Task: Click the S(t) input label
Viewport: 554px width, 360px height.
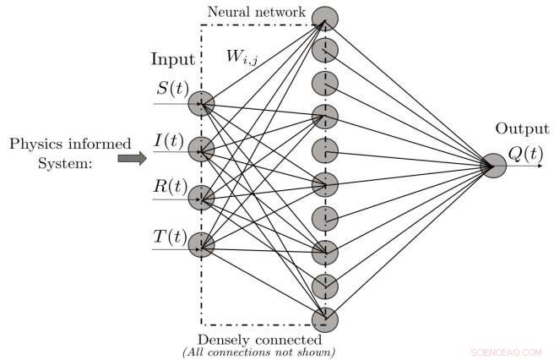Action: click(x=172, y=87)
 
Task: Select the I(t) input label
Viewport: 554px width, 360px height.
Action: click(x=171, y=136)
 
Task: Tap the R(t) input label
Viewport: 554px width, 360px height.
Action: click(x=172, y=183)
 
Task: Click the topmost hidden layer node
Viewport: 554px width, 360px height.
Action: click(x=323, y=17)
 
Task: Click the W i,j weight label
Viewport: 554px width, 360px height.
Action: click(x=241, y=57)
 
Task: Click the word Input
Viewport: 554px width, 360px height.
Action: click(x=172, y=60)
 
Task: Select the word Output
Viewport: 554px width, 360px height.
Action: click(x=522, y=128)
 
